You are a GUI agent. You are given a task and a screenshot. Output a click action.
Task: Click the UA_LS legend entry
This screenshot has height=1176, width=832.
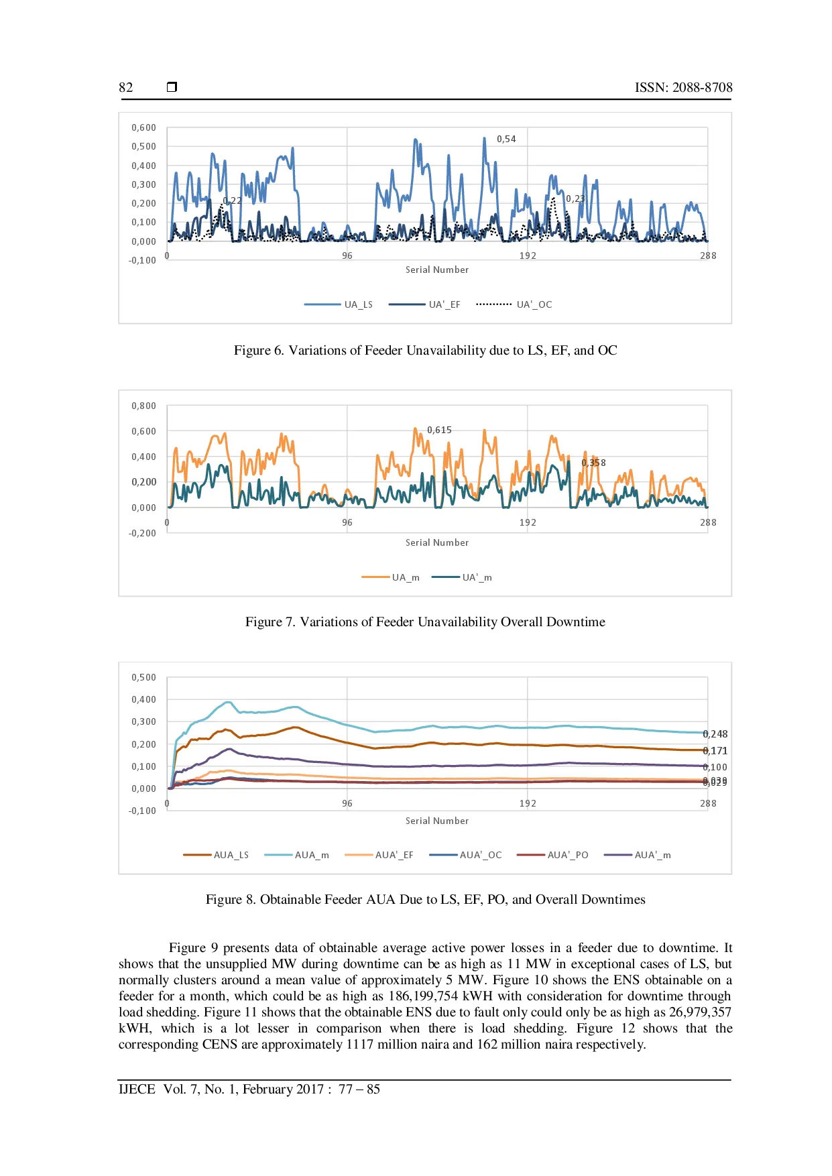click(x=339, y=304)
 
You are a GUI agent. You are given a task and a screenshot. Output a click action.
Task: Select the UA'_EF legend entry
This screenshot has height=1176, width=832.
click(x=425, y=304)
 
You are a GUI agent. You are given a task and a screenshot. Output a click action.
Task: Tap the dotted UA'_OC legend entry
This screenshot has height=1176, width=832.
click(x=514, y=304)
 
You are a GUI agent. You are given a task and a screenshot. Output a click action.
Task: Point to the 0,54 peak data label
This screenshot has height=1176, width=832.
click(x=506, y=139)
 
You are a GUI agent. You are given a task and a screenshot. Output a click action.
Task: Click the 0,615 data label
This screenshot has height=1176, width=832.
click(x=439, y=430)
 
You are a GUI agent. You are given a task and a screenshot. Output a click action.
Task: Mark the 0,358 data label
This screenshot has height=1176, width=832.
click(x=593, y=463)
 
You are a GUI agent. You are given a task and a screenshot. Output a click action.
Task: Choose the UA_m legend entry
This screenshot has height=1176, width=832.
click(x=391, y=577)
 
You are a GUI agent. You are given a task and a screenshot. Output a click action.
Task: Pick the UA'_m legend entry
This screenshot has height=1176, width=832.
click(x=462, y=577)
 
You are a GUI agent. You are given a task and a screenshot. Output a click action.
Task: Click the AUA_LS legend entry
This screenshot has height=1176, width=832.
click(x=216, y=855)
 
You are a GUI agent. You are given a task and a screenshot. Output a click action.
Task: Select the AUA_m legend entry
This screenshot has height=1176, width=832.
click(x=297, y=855)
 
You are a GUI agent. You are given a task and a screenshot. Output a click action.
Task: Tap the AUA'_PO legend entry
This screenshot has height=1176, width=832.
click(x=553, y=855)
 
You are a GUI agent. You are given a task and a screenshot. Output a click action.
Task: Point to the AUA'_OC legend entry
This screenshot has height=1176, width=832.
click(x=466, y=855)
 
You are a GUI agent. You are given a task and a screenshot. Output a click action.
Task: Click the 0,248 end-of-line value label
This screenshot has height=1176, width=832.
click(x=715, y=734)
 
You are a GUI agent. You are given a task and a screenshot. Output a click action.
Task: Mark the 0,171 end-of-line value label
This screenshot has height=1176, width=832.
click(x=715, y=751)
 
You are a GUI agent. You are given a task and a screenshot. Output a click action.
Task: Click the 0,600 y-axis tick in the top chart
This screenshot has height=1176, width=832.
click(x=143, y=127)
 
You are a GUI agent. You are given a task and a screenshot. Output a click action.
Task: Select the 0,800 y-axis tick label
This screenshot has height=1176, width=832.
click(x=143, y=406)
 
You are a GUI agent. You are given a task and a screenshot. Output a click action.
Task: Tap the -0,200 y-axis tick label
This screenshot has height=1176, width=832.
click(x=142, y=533)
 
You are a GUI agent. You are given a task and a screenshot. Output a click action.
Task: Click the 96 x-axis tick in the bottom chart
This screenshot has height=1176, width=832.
click(x=347, y=803)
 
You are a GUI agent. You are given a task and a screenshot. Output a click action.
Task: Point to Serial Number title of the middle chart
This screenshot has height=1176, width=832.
click(x=437, y=542)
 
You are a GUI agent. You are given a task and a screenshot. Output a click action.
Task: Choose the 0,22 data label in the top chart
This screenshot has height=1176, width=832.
click(x=233, y=200)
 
